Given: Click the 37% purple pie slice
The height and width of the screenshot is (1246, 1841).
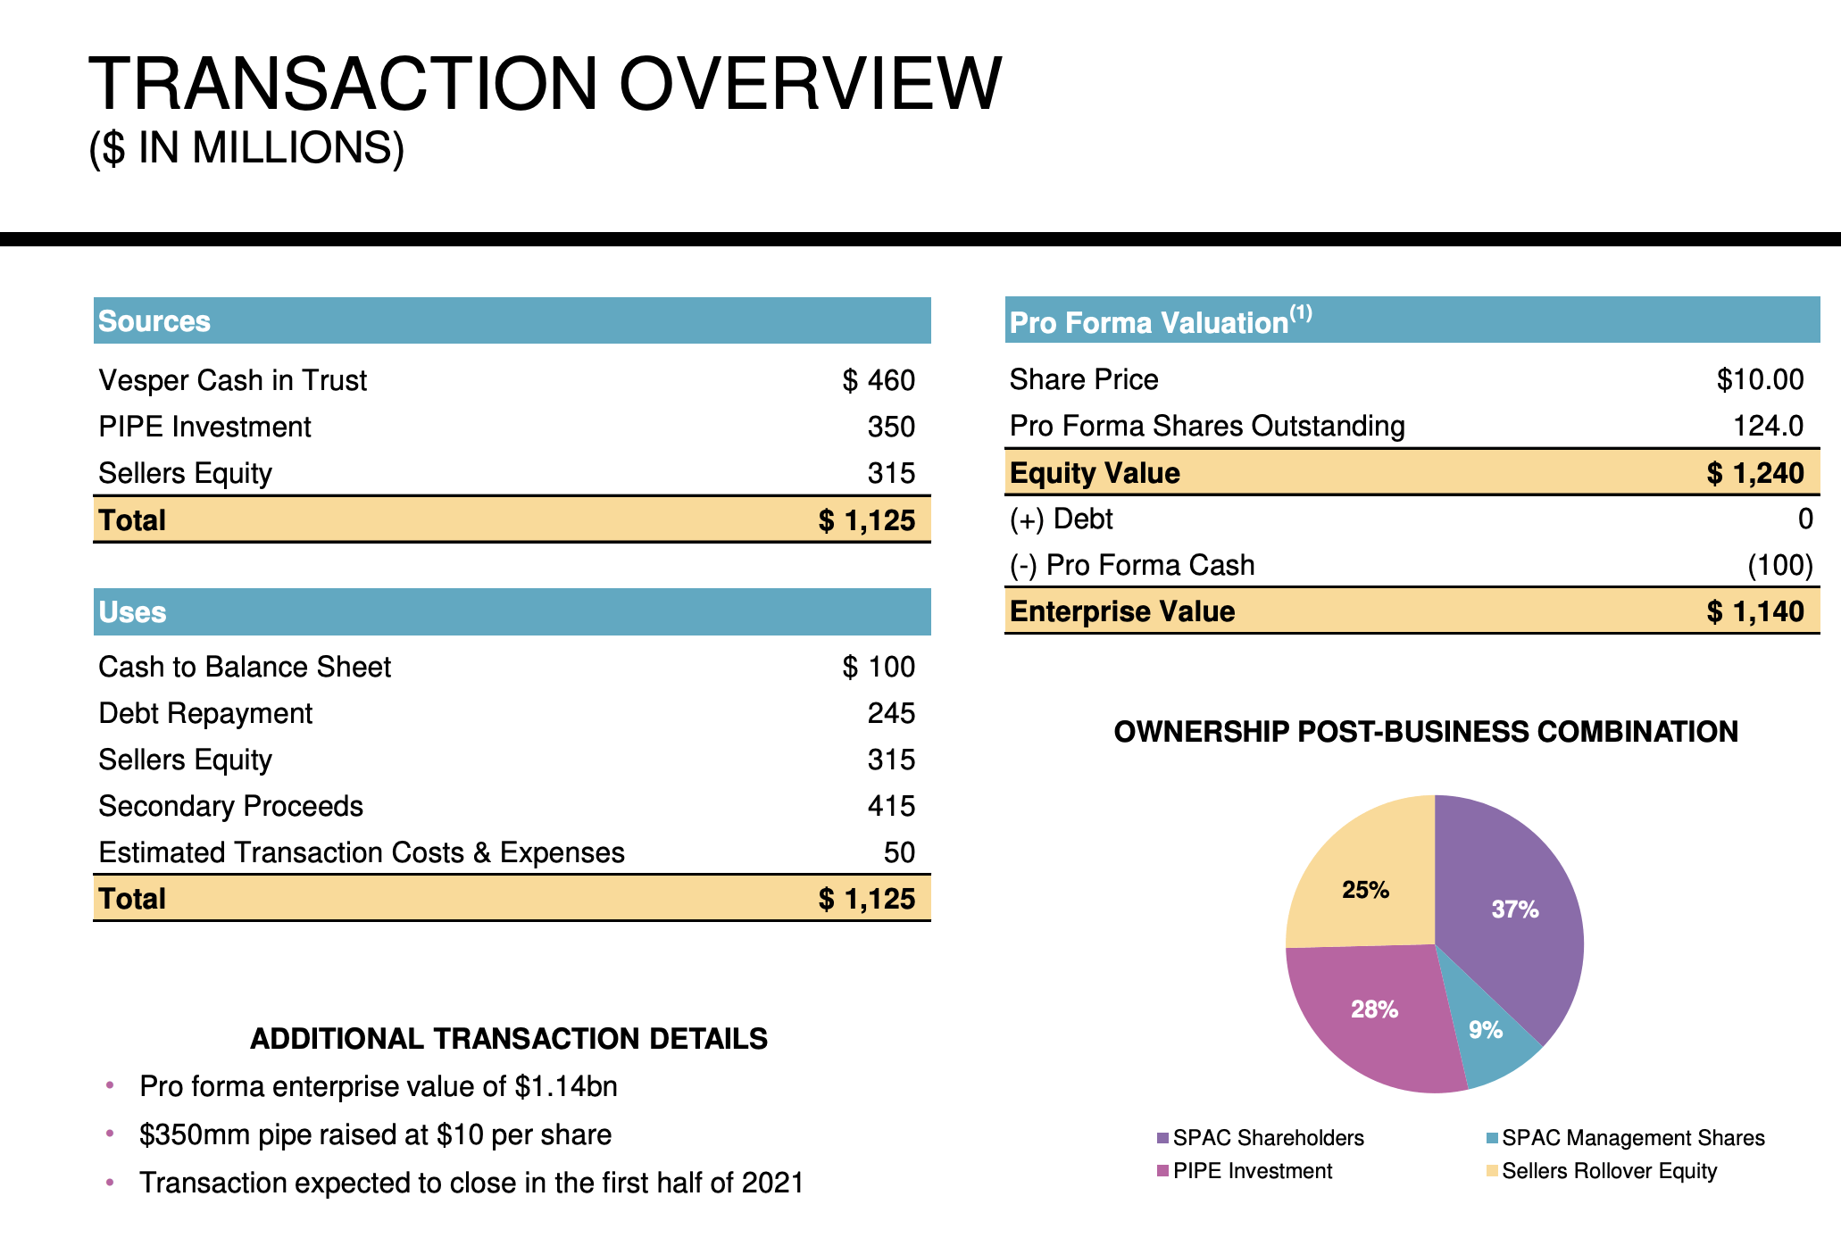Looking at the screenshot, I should [1515, 910].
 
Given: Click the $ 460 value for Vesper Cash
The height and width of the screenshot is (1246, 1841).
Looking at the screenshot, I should [879, 380].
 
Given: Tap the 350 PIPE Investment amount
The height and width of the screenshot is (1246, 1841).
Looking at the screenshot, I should [891, 427].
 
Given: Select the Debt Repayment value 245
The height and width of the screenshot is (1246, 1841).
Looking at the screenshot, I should [891, 713].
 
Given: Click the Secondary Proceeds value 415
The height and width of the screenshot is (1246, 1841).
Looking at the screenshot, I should [891, 806].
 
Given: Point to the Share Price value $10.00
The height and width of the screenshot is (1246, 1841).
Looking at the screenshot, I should [1760, 379].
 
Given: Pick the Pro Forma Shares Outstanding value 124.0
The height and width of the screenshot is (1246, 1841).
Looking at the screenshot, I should [1768, 426].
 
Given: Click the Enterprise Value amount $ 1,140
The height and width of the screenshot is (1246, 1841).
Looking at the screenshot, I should [1755, 611].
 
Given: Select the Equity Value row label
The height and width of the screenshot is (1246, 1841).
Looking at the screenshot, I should [1095, 473].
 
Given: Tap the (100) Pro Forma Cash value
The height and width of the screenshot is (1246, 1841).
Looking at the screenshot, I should [1779, 565].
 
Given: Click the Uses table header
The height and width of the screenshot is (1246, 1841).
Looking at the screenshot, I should [133, 612].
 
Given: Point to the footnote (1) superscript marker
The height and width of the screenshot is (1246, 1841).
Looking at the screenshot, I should [1301, 312].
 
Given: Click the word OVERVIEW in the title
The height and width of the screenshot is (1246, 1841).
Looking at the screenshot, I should [810, 85].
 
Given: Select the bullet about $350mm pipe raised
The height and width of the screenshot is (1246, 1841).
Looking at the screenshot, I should [375, 1134].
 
